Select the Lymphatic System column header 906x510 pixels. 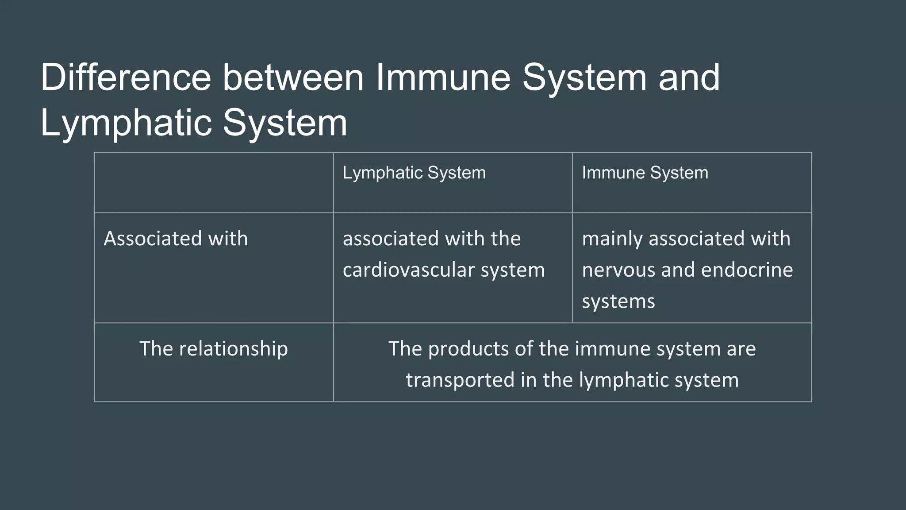pos(414,173)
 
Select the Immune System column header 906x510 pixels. pos(645,173)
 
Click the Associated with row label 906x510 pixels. pos(176,239)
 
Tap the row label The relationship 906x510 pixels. pos(214,349)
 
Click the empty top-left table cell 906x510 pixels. pos(214,182)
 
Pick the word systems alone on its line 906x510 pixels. pos(618,301)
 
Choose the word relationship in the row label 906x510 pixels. pos(233,349)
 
